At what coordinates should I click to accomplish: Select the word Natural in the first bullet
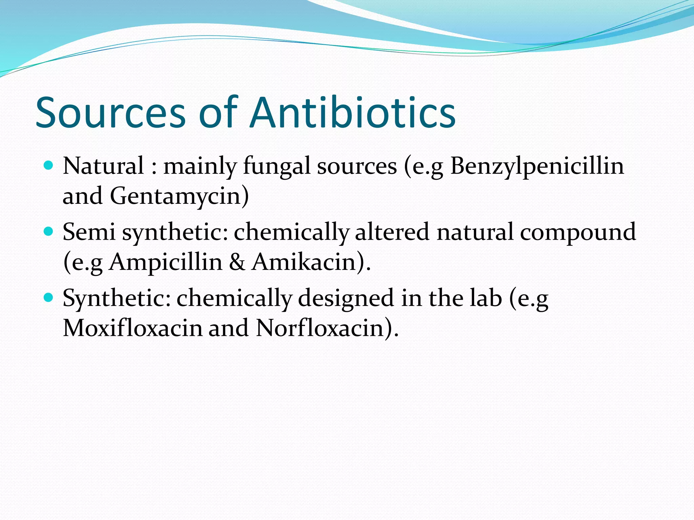(103, 166)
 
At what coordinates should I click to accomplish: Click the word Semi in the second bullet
(89, 232)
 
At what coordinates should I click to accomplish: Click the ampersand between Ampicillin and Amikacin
(237, 262)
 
